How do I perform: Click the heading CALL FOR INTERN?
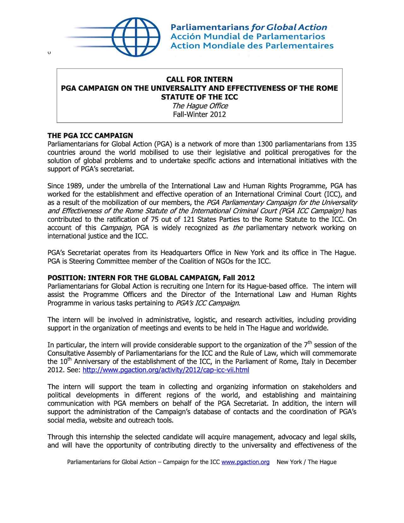pyautogui.click(x=199, y=79)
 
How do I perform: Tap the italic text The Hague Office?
pyautogui.click(x=200, y=106)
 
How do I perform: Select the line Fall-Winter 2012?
pyautogui.click(x=199, y=114)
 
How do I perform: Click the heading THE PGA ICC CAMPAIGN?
pyautogui.click(x=90, y=136)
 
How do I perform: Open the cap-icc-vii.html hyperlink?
pyautogui.click(x=166, y=370)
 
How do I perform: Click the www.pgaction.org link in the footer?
pyautogui.click(x=245, y=462)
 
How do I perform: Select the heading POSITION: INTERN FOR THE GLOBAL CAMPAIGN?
pyautogui.click(x=151, y=278)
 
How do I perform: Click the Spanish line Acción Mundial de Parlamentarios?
pyautogui.click(x=247, y=37)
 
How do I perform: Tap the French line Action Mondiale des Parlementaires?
pyautogui.click(x=252, y=46)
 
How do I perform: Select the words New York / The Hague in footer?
pyautogui.click(x=306, y=462)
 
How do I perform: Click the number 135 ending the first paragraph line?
pyautogui.click(x=351, y=144)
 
